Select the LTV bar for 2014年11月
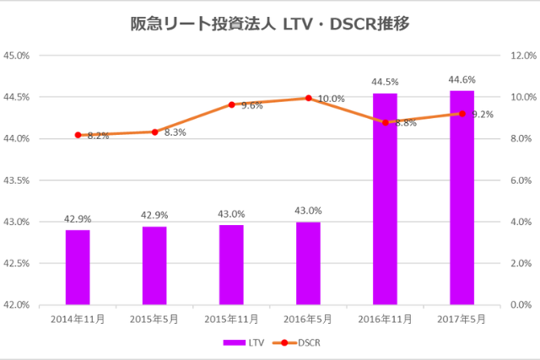click(78, 267)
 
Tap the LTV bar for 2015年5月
click(154, 266)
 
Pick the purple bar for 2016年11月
click(385, 199)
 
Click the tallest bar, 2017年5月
click(462, 197)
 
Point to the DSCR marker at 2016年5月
click(309, 98)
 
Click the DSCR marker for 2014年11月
click(78, 135)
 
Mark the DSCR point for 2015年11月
click(231, 105)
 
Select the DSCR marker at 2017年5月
click(462, 114)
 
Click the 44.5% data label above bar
click(385, 82)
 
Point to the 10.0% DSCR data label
click(331, 99)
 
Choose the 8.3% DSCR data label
click(175, 132)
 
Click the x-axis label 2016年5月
click(309, 320)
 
